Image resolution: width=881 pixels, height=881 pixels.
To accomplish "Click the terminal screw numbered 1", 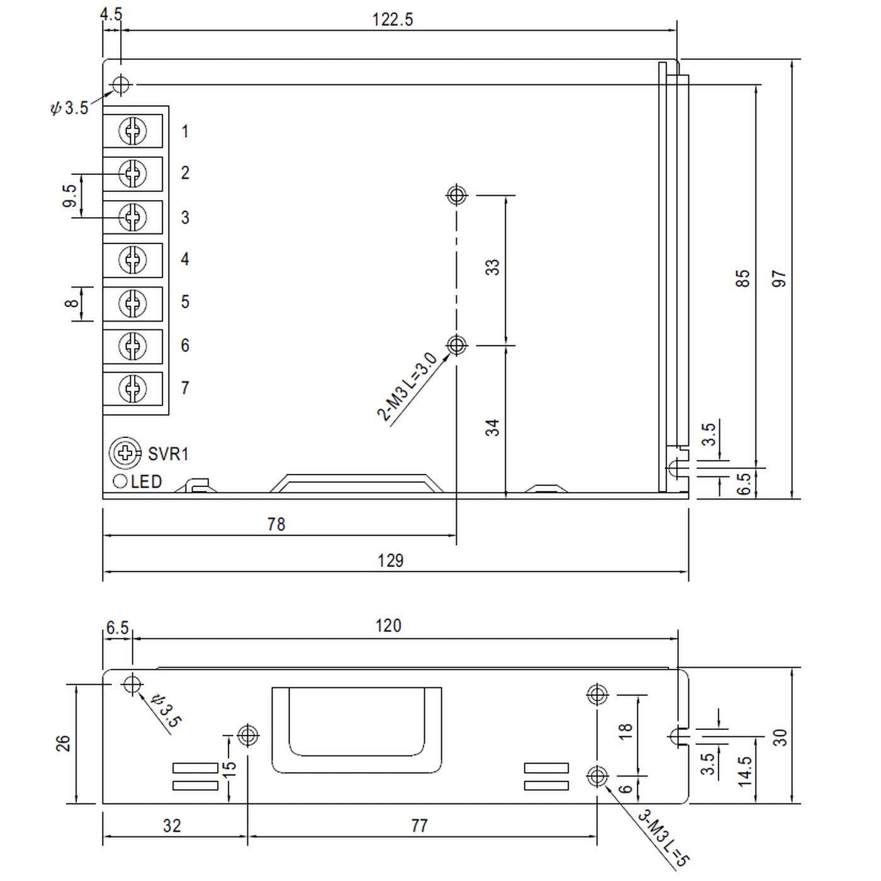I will (133, 131).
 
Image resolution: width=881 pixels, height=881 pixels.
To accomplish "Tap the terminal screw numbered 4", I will (133, 259).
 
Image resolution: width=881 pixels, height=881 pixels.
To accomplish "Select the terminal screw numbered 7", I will (133, 388).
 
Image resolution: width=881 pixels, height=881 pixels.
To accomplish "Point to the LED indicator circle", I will (120, 482).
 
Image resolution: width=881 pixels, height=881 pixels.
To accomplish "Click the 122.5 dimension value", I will (393, 20).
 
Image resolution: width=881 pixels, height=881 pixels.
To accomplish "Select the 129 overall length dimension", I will (390, 561).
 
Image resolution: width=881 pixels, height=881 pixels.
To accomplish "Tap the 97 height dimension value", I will (780, 278).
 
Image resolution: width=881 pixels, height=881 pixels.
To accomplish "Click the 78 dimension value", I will (276, 524).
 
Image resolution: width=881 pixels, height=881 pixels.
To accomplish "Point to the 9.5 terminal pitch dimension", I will (70, 196).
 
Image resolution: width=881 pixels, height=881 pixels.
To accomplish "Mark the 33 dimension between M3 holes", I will (493, 267).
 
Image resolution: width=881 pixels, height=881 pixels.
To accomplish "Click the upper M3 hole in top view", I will (457, 195).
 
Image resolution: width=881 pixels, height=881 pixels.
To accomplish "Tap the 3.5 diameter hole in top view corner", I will (120, 84).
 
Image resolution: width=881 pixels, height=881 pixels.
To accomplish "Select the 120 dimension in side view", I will (388, 626).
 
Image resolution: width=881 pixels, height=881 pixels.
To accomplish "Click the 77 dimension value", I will (419, 826).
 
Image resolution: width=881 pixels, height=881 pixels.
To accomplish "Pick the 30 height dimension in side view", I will (780, 737).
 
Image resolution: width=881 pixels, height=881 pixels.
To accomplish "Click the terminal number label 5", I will (185, 302).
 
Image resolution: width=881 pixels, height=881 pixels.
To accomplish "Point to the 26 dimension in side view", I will (64, 743).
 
